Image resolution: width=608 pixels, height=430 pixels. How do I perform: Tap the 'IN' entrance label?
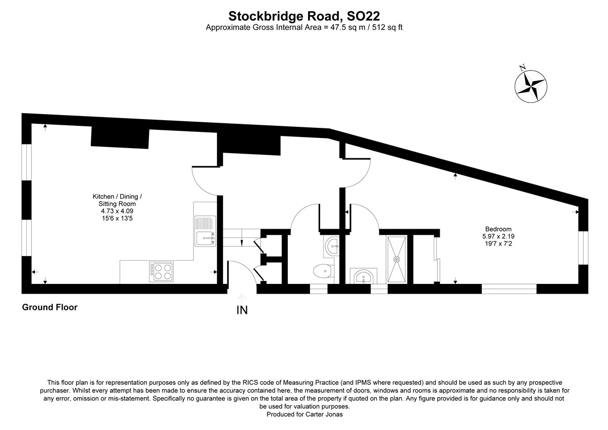tap(242, 310)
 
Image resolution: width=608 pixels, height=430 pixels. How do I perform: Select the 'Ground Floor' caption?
tap(50, 307)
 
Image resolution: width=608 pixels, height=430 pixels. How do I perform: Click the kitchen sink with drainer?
tap(205, 231)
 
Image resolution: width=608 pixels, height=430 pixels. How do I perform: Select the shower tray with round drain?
tap(397, 259)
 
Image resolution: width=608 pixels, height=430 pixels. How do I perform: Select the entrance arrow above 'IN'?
tap(242, 298)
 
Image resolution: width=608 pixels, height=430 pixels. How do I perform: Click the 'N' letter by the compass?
tap(522, 67)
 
